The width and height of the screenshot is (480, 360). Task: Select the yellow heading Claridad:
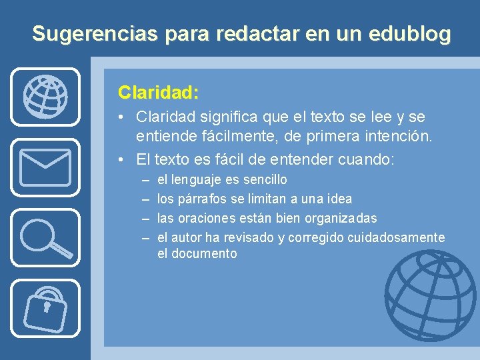[159, 91]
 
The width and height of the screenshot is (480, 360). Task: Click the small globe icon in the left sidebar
[45, 97]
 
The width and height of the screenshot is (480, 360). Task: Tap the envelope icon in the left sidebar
[45, 167]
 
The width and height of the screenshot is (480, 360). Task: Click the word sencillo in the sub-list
[265, 180]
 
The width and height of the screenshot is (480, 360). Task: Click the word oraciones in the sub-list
[208, 219]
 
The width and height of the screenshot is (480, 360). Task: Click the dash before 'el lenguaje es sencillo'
[145, 180]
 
